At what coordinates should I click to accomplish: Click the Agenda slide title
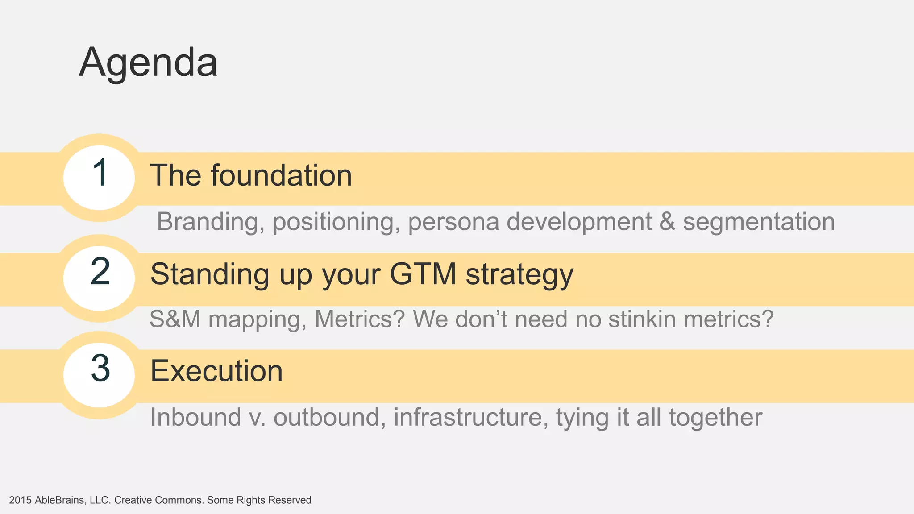point(148,62)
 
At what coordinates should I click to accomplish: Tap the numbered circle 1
point(99,177)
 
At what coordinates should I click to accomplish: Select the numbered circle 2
point(99,278)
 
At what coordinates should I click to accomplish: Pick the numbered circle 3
point(99,374)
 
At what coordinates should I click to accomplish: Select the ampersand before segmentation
point(667,222)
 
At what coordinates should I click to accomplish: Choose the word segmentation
point(759,222)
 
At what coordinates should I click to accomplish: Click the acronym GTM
point(423,274)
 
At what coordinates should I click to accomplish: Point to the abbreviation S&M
point(174,319)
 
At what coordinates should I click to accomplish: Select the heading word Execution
point(216,371)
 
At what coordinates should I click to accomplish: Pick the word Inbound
point(195,418)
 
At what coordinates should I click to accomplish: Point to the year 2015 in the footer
point(20,500)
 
